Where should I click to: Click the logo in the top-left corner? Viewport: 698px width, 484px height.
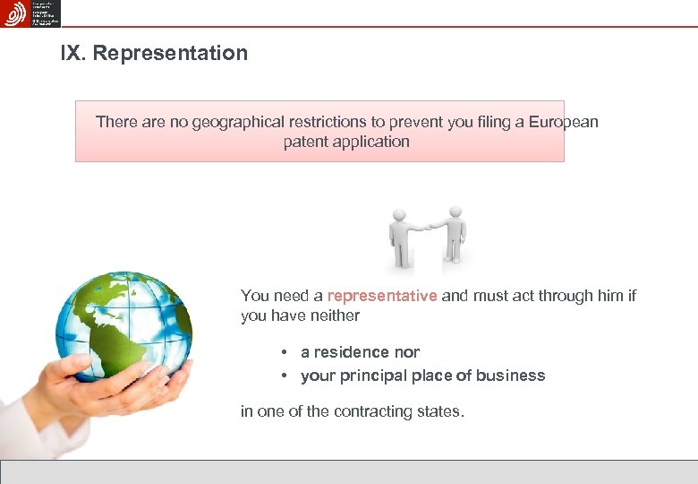[x=14, y=13]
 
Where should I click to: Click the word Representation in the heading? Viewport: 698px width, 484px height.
[x=170, y=53]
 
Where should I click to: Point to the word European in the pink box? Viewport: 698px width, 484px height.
[x=563, y=122]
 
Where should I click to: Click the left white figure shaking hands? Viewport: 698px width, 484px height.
[x=400, y=238]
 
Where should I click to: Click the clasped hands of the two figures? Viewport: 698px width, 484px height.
[x=427, y=226]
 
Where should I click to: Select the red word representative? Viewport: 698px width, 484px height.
[x=382, y=296]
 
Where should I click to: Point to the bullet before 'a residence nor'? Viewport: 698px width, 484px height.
[x=282, y=352]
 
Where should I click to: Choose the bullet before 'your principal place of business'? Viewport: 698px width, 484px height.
[x=282, y=376]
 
